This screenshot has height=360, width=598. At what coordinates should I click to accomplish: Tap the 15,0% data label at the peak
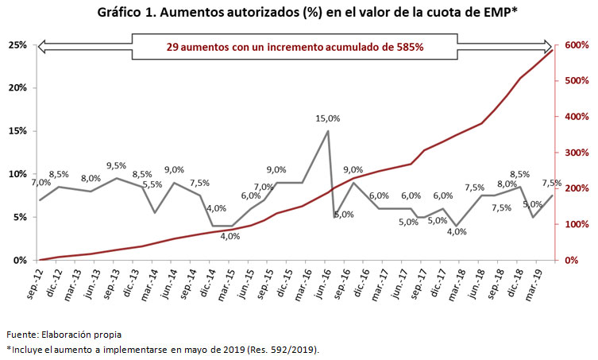328,118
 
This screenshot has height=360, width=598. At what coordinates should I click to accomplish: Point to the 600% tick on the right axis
575,45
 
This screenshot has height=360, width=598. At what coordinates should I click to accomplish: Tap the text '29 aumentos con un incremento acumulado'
295,47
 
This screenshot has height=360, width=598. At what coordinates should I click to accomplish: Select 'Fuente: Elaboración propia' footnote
64,334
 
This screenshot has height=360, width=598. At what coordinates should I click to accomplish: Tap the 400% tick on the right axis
575,117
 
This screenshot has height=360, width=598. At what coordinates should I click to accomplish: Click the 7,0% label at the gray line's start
41,183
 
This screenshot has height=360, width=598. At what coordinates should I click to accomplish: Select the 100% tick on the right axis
575,224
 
